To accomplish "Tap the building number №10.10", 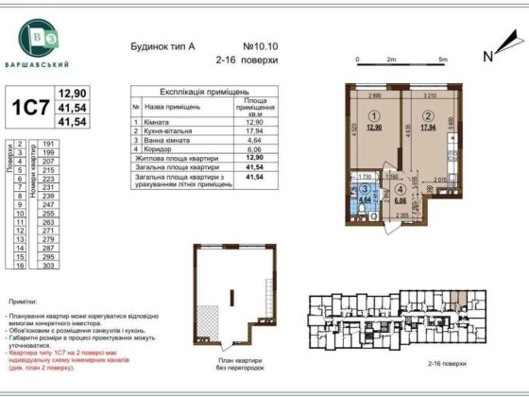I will [x=261, y=45].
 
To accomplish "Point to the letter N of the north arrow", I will [x=488, y=56].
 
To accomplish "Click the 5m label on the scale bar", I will [x=442, y=59].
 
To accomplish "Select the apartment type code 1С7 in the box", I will [x=28, y=106].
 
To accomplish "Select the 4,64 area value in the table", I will [x=253, y=140].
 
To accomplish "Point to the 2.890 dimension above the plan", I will [x=374, y=95].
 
